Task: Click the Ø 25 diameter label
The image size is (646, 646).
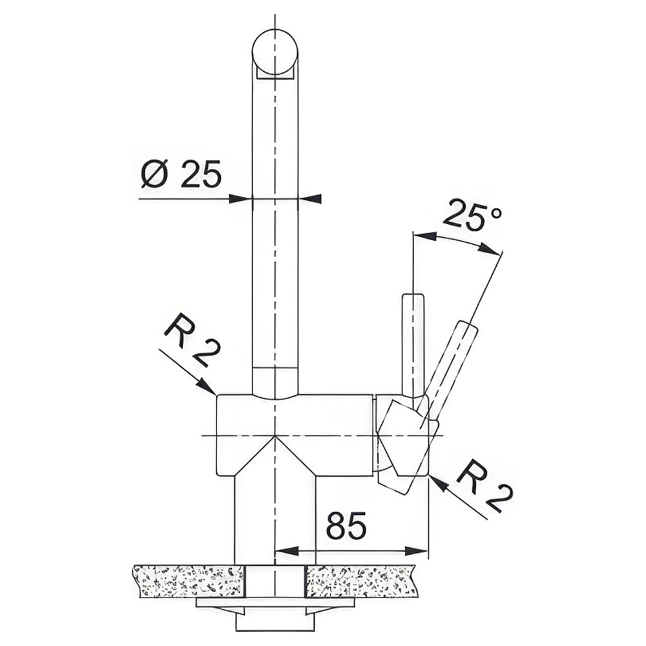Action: pyautogui.click(x=181, y=173)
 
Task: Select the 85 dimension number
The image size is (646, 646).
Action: pyautogui.click(x=346, y=526)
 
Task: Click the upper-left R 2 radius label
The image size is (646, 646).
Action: pyautogui.click(x=193, y=340)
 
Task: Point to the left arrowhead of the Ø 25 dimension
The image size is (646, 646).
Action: pyautogui.click(x=240, y=198)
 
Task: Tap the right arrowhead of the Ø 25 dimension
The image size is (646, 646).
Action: pyautogui.click(x=309, y=198)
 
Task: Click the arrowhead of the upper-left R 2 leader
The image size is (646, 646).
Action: pyautogui.click(x=207, y=386)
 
